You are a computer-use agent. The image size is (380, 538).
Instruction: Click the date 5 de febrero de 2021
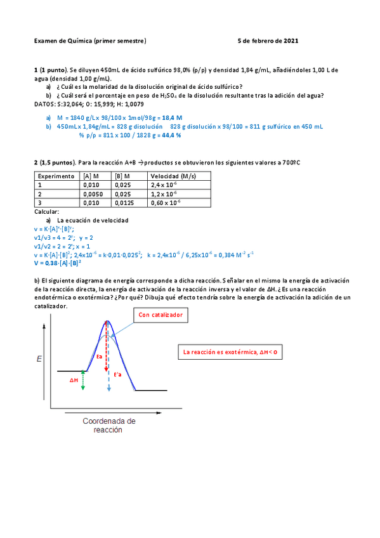click(x=267, y=41)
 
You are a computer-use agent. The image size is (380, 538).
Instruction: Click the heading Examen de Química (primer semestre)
click(x=90, y=41)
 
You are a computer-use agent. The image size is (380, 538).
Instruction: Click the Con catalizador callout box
click(x=161, y=315)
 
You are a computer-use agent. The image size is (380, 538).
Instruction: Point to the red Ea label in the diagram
click(x=99, y=357)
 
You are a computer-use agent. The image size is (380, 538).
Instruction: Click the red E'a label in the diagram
click(x=117, y=375)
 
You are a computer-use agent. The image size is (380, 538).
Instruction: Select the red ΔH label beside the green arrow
click(x=74, y=380)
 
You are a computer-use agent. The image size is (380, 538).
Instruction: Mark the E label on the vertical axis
click(x=40, y=360)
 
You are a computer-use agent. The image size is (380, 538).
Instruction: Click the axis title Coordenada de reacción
click(x=108, y=425)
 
